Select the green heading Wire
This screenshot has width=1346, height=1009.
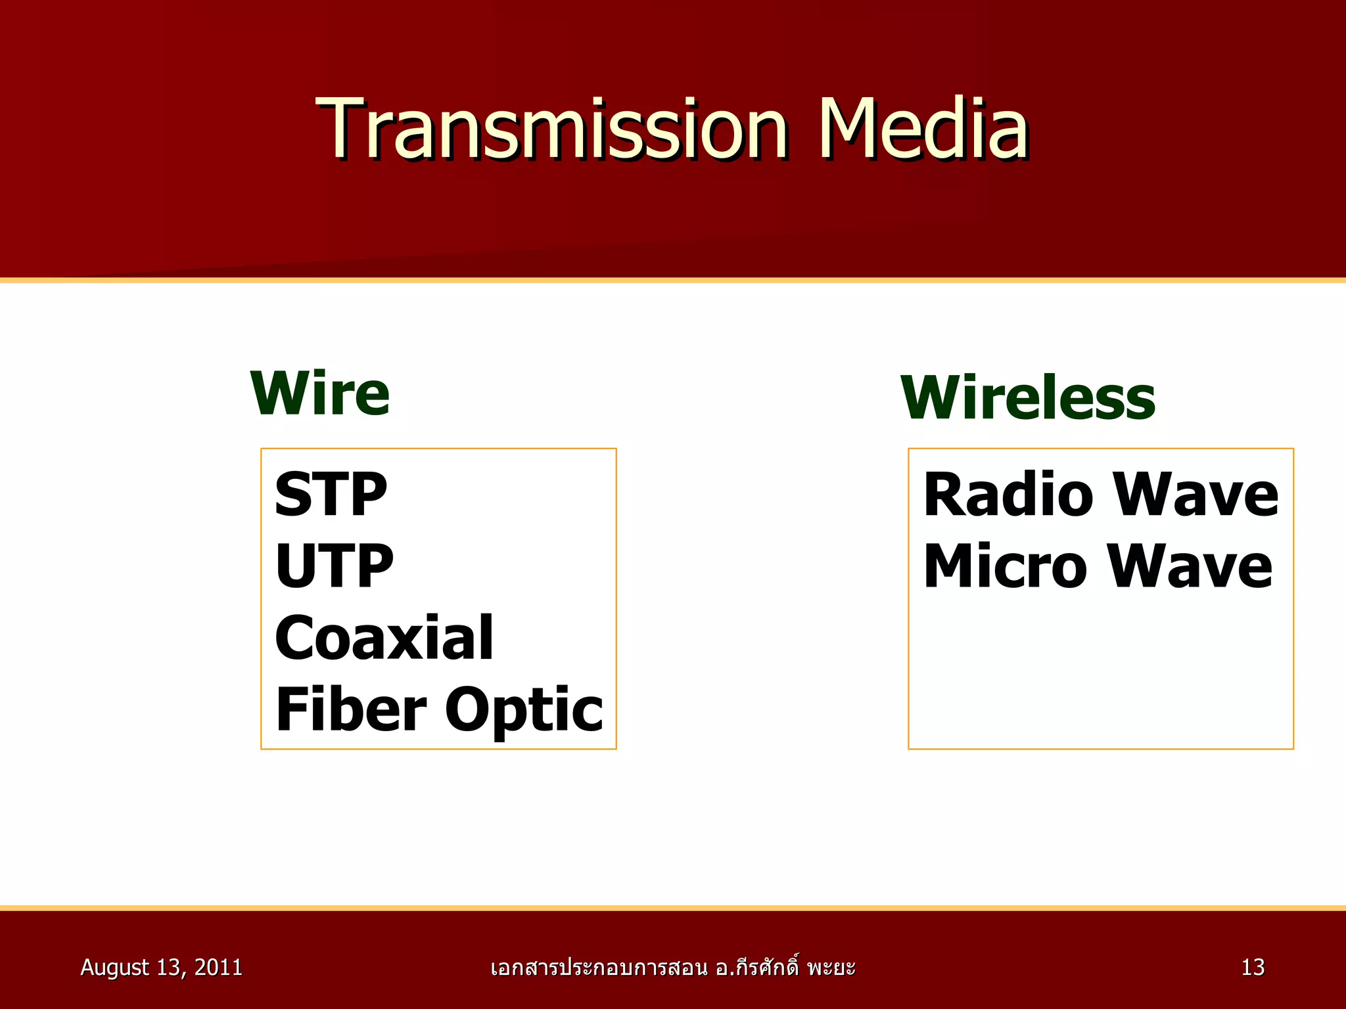click(x=320, y=394)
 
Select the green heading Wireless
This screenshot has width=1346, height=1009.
click(x=1027, y=399)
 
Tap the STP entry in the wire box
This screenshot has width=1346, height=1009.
click(x=331, y=495)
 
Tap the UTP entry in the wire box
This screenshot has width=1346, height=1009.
click(x=334, y=566)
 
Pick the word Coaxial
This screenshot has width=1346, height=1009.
click(x=384, y=638)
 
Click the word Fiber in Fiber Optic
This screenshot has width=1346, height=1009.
click(x=351, y=709)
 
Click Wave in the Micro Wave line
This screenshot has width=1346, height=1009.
click(x=1190, y=566)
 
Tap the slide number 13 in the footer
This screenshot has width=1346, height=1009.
click(x=1253, y=967)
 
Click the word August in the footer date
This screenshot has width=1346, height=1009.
click(x=114, y=968)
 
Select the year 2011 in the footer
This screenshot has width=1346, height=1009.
click(x=218, y=967)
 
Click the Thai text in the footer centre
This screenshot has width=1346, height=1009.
click(x=672, y=968)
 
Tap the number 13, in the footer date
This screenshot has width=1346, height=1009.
click(x=171, y=967)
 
